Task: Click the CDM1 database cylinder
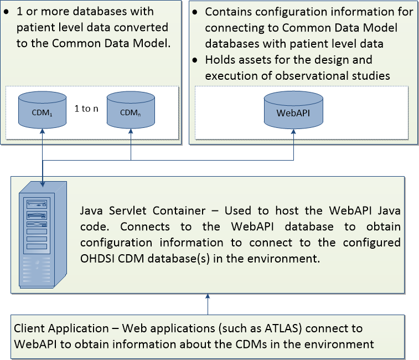[42, 109]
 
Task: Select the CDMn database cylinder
[130, 109]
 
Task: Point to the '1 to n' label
[86, 109]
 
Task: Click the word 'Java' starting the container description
[92, 211]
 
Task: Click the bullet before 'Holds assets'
[196, 59]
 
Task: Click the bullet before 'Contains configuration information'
[196, 12]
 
